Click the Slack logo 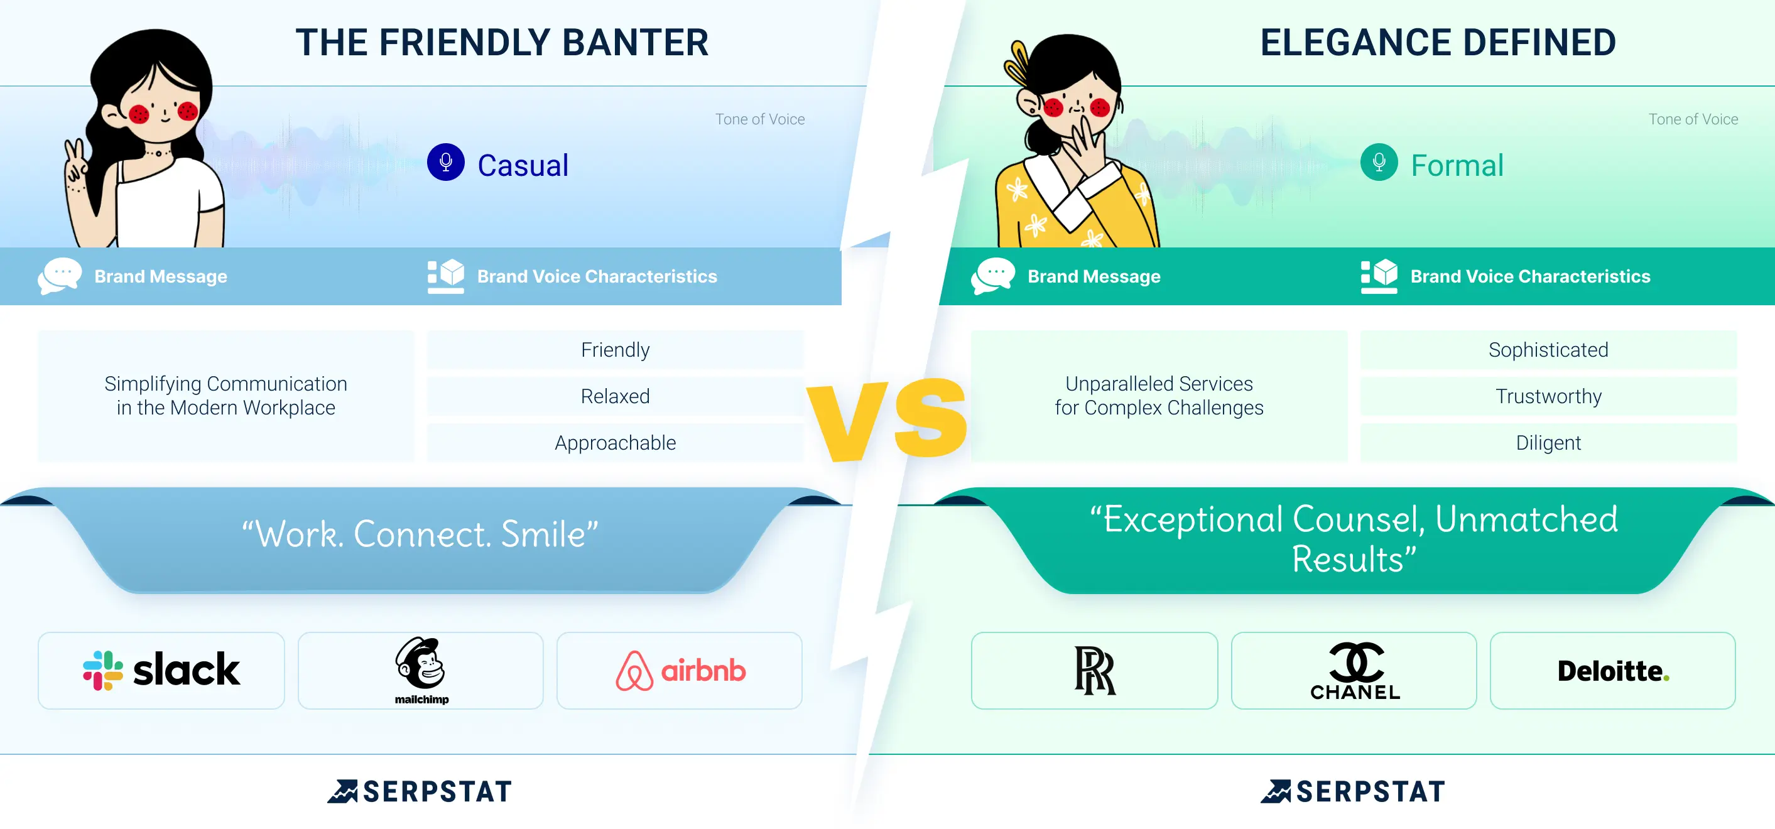(x=161, y=670)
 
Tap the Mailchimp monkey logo (x=421, y=670)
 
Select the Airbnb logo (x=680, y=670)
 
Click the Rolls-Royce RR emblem (x=1095, y=670)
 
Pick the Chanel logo (x=1355, y=671)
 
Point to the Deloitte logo (x=1613, y=671)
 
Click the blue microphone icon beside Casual (x=446, y=163)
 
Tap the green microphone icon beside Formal (x=1379, y=163)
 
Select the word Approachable (x=616, y=442)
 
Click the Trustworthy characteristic (x=1548, y=396)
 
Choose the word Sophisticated (x=1548, y=350)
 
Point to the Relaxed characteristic (x=616, y=396)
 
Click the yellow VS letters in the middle (x=888, y=419)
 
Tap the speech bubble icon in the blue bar (x=59, y=276)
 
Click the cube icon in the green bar (x=1379, y=276)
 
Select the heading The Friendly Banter (x=502, y=43)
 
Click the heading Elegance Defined (x=1438, y=43)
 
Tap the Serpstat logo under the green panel (x=1354, y=791)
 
